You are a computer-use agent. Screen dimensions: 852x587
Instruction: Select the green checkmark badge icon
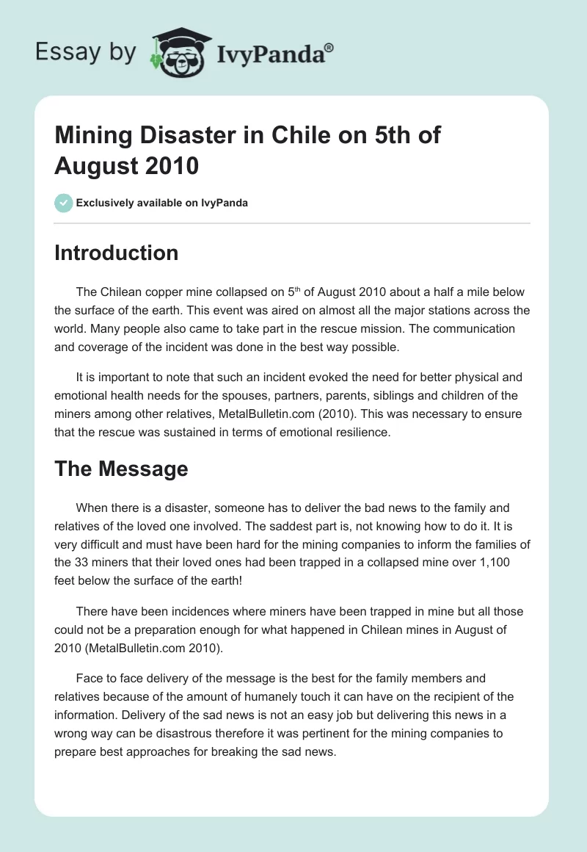64,203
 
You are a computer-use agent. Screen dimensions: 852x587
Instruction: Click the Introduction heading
117,253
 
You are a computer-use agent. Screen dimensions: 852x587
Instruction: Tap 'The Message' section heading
121,469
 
